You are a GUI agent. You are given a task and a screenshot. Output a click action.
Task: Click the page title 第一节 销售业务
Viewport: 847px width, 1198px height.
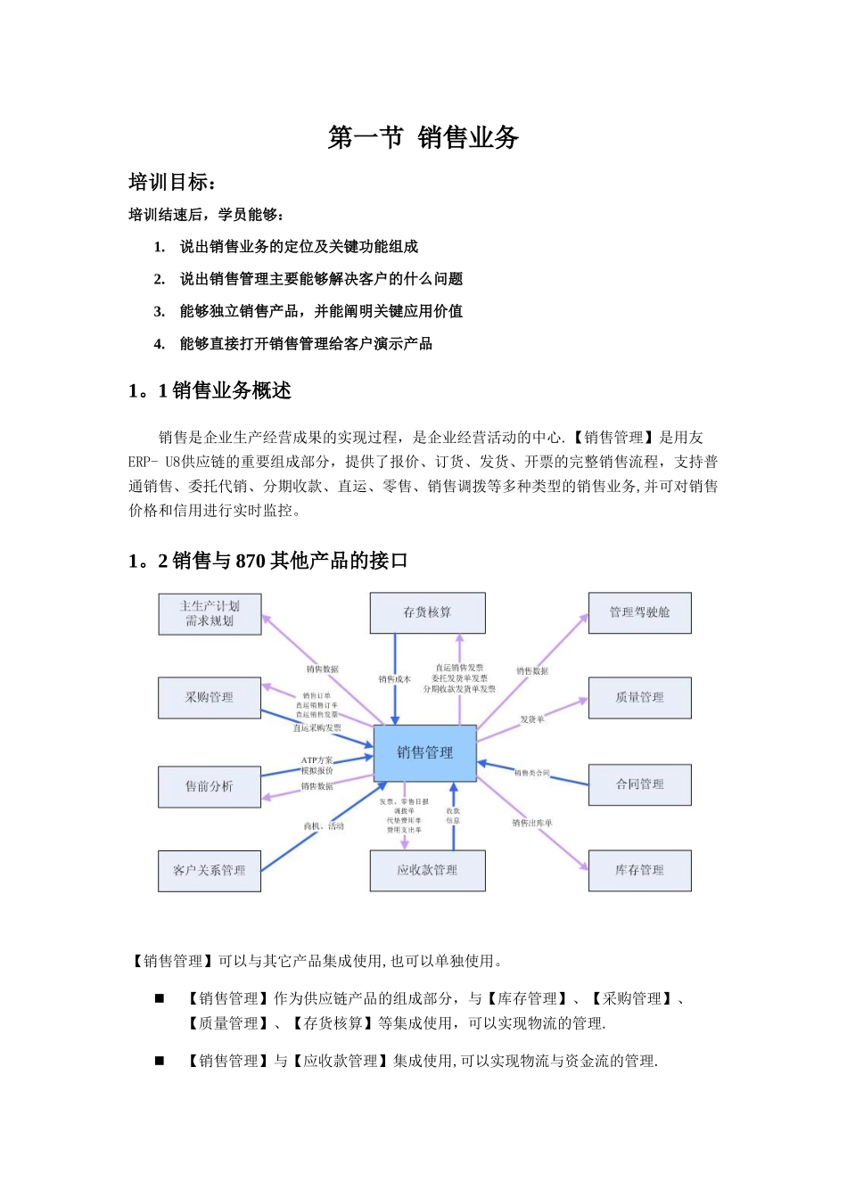[423, 137]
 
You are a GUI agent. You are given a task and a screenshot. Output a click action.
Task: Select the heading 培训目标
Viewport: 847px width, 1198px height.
[170, 183]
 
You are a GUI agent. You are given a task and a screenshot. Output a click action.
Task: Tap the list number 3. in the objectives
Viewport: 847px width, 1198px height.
[159, 311]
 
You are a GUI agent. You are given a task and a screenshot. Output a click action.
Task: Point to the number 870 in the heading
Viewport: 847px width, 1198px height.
[251, 561]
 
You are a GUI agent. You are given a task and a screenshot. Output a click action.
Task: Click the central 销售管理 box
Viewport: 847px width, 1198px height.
[424, 752]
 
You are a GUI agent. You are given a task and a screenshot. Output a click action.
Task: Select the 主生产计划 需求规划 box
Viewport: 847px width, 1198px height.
[210, 613]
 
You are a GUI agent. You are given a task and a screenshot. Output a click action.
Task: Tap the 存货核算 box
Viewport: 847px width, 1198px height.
[427, 612]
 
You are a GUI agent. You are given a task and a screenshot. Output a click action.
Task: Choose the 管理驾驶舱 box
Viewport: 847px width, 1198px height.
[639, 612]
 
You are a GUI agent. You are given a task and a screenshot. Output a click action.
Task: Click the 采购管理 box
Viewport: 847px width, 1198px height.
[210, 697]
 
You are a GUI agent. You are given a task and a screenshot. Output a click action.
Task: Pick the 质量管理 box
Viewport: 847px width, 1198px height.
[639, 697]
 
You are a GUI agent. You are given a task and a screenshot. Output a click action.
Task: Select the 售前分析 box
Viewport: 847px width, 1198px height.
[210, 786]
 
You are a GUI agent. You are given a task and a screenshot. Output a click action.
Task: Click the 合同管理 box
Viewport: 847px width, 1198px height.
[639, 784]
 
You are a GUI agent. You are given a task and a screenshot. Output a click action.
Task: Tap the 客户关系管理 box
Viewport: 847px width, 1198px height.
[210, 870]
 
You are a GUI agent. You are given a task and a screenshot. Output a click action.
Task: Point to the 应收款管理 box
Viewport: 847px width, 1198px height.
[427, 870]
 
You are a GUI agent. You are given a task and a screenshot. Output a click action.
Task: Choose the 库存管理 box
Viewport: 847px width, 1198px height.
[639, 870]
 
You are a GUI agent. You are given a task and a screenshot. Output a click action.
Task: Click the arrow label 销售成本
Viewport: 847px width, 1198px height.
[394, 679]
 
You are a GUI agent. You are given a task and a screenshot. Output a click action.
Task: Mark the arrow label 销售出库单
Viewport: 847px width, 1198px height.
[532, 823]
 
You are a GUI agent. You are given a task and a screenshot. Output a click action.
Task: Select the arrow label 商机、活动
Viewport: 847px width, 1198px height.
[324, 826]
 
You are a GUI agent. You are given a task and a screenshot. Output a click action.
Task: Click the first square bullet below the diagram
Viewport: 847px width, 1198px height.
[160, 998]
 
